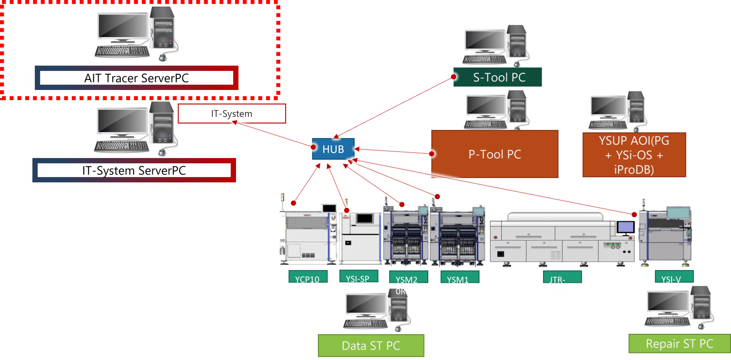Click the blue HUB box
[333, 149]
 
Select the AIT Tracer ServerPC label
[136, 78]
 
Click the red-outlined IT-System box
[232, 114]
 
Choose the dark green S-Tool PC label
[498, 77]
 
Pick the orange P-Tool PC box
[495, 154]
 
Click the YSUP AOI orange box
[634, 155]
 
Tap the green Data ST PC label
[371, 346]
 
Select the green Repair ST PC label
[679, 344]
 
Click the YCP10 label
[307, 279]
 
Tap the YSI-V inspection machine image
[665, 233]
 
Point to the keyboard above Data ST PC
[365, 324]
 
